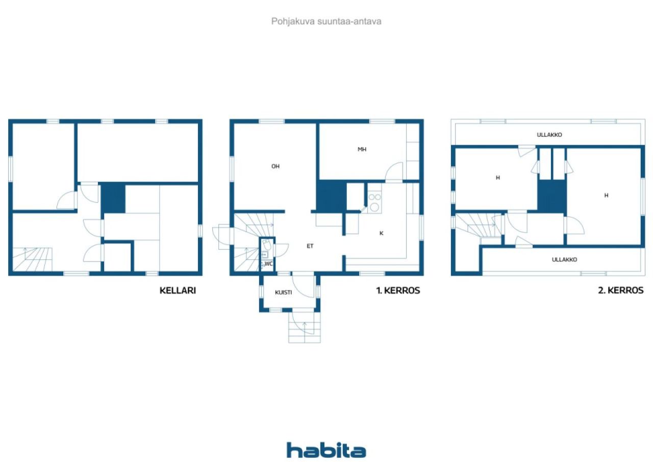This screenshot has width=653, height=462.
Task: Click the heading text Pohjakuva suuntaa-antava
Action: click(x=326, y=21)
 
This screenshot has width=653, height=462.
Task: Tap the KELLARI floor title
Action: click(x=178, y=290)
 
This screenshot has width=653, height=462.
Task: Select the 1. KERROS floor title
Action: click(x=398, y=290)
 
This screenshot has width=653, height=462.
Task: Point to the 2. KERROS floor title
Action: click(x=621, y=290)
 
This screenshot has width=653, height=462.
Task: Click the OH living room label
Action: click(x=275, y=166)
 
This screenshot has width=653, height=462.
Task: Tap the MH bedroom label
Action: click(x=362, y=150)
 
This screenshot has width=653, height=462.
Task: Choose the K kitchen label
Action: click(x=381, y=233)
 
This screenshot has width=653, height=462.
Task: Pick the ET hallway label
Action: click(x=310, y=246)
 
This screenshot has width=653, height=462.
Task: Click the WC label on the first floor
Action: click(x=268, y=263)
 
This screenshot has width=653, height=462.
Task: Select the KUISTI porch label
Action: click(x=283, y=292)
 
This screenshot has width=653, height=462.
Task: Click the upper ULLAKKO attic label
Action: click(x=549, y=135)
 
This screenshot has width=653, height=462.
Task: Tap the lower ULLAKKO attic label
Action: click(x=564, y=259)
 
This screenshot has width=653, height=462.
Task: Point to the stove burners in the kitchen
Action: click(x=374, y=202)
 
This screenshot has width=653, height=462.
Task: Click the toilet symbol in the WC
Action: click(x=267, y=245)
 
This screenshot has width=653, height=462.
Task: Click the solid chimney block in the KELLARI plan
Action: click(x=113, y=198)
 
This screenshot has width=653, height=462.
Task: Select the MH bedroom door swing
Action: click(x=394, y=172)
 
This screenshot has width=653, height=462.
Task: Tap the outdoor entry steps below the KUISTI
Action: click(x=305, y=327)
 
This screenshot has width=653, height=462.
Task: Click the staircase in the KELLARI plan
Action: click(x=32, y=259)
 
